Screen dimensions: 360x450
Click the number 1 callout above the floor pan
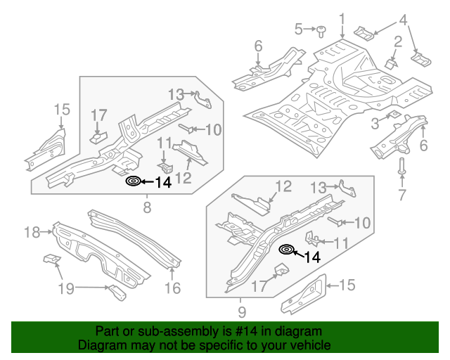[342, 19]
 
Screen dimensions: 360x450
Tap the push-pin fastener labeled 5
[321, 30]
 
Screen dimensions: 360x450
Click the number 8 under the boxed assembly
[147, 207]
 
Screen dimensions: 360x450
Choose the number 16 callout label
[172, 288]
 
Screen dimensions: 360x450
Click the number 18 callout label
[32, 232]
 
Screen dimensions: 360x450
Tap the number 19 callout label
[66, 287]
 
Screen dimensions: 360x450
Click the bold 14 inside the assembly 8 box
[162, 183]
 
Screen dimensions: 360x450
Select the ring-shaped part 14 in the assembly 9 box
[286, 249]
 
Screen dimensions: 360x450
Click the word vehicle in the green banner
[312, 346]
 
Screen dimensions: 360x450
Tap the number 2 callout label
[398, 42]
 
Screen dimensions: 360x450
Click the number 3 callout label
[375, 124]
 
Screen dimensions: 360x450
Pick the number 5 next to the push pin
[299, 30]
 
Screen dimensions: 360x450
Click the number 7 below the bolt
[402, 195]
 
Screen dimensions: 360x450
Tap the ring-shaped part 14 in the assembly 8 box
[132, 181]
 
